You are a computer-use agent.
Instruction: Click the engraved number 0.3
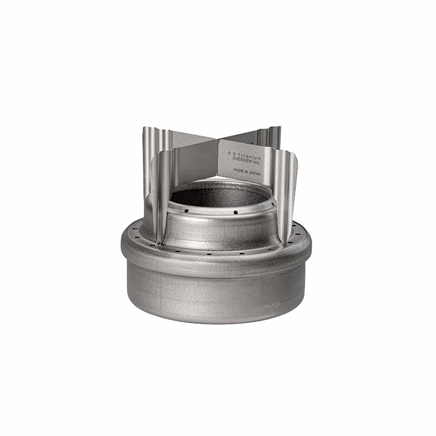[x=231, y=154]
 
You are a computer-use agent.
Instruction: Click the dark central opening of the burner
[x=218, y=196]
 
